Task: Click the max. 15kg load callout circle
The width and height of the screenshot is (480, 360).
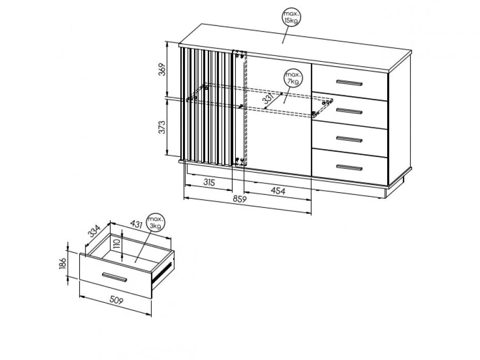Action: (291, 18)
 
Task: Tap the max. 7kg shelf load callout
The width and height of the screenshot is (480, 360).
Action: (293, 78)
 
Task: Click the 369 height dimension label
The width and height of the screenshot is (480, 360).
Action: (162, 69)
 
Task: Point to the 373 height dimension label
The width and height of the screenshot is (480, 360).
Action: (162, 127)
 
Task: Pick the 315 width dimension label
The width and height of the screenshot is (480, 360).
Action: (209, 182)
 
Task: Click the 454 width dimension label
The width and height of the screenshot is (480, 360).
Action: (278, 191)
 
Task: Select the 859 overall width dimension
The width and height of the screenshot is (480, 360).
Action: (239, 199)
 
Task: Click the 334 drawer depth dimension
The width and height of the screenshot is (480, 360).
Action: (94, 231)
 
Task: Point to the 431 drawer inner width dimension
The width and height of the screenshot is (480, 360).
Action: (136, 224)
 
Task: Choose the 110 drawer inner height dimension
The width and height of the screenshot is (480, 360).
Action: (116, 246)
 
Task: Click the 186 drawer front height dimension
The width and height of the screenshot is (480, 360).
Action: (62, 264)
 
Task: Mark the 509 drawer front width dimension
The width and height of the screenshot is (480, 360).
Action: (116, 300)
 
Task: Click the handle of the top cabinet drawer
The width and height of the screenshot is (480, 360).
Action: (349, 82)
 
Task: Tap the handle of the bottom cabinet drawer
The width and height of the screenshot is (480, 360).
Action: (349, 167)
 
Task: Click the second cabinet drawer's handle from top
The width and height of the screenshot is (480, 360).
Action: (349, 111)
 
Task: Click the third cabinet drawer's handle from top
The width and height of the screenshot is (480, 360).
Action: (349, 139)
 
